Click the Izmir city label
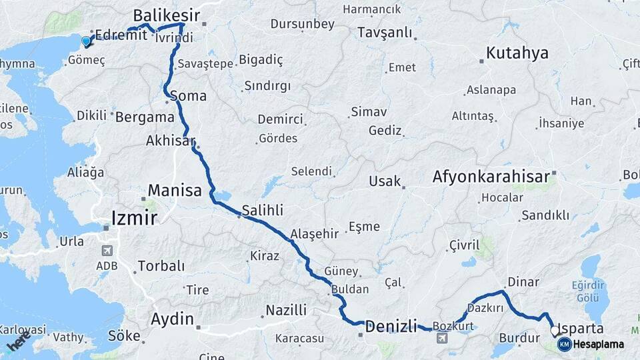[x=134, y=217]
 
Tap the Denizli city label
[x=391, y=327]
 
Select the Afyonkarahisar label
[x=491, y=177]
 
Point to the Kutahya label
[x=517, y=53]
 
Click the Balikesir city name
[x=167, y=15]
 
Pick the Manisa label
[x=175, y=191]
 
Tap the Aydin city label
[x=172, y=318]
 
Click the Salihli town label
[x=262, y=210]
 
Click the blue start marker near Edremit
[x=85, y=42]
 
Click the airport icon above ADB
[x=106, y=251]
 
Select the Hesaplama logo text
[x=598, y=345]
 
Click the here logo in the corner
[x=19, y=340]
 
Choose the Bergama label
[x=145, y=117]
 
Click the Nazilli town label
[x=286, y=310]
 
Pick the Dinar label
[x=523, y=282]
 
